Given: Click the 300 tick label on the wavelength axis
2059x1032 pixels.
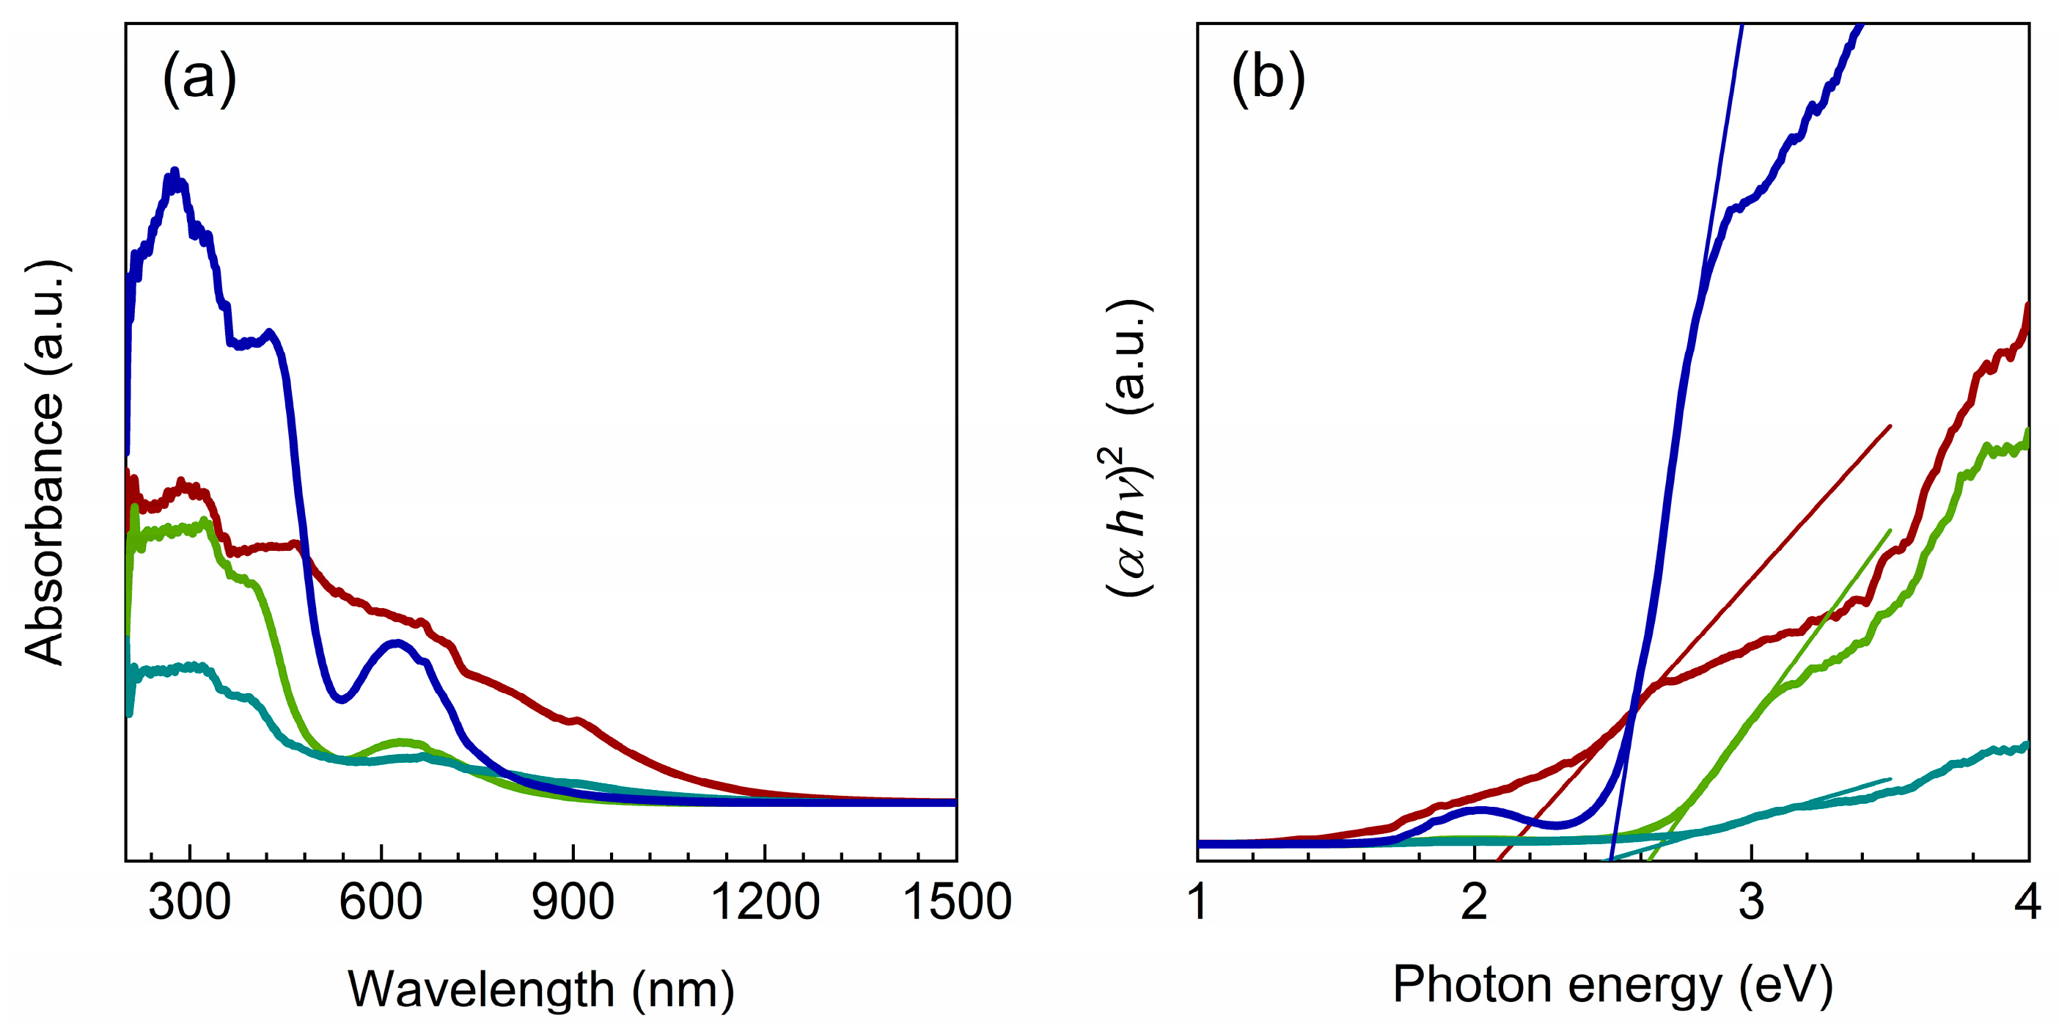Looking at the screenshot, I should point(189,901).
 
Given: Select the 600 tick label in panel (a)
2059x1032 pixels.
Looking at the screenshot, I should point(381,901).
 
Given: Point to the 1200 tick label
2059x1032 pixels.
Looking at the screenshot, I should point(764,901).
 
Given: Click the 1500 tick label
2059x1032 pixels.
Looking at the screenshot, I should point(956,901).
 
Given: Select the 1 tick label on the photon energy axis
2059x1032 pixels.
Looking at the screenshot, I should point(1197,901).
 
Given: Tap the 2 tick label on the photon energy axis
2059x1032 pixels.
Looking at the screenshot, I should point(1474,901).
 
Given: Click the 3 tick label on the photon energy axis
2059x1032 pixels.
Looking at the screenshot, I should point(1750,901).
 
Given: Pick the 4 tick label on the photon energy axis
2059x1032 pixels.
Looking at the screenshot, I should point(2027,901).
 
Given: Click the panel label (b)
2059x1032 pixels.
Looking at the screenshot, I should point(1268,78).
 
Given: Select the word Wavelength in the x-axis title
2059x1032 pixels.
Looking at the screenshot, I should point(480,989).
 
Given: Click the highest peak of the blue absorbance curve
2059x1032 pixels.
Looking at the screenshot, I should point(175,171).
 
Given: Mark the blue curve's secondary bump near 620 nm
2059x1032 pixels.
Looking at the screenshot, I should point(396,643).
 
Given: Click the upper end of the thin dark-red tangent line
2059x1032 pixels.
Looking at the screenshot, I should point(1890,426).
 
